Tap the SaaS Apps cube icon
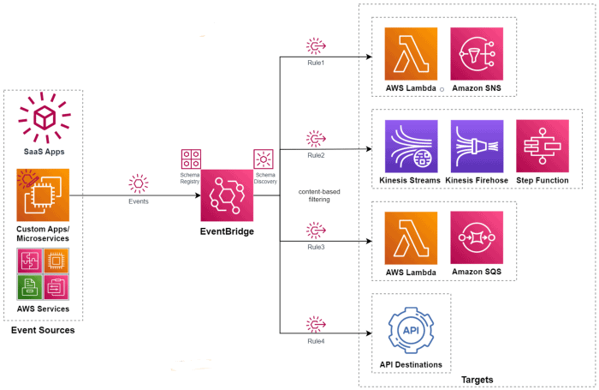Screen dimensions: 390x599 tap(44, 118)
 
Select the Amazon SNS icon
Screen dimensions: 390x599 tap(477, 54)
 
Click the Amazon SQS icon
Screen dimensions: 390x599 tap(477, 237)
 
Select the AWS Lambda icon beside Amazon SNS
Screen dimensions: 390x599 tap(411, 54)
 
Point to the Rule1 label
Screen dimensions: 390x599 tap(316, 63)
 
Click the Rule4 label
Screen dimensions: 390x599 tap(316, 341)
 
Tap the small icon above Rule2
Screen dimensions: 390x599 tap(316, 139)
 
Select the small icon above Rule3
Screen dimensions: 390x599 tap(316, 231)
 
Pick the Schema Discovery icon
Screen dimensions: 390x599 tap(263, 159)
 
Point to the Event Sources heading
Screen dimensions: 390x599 tap(43, 330)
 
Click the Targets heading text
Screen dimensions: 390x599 tap(477, 379)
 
